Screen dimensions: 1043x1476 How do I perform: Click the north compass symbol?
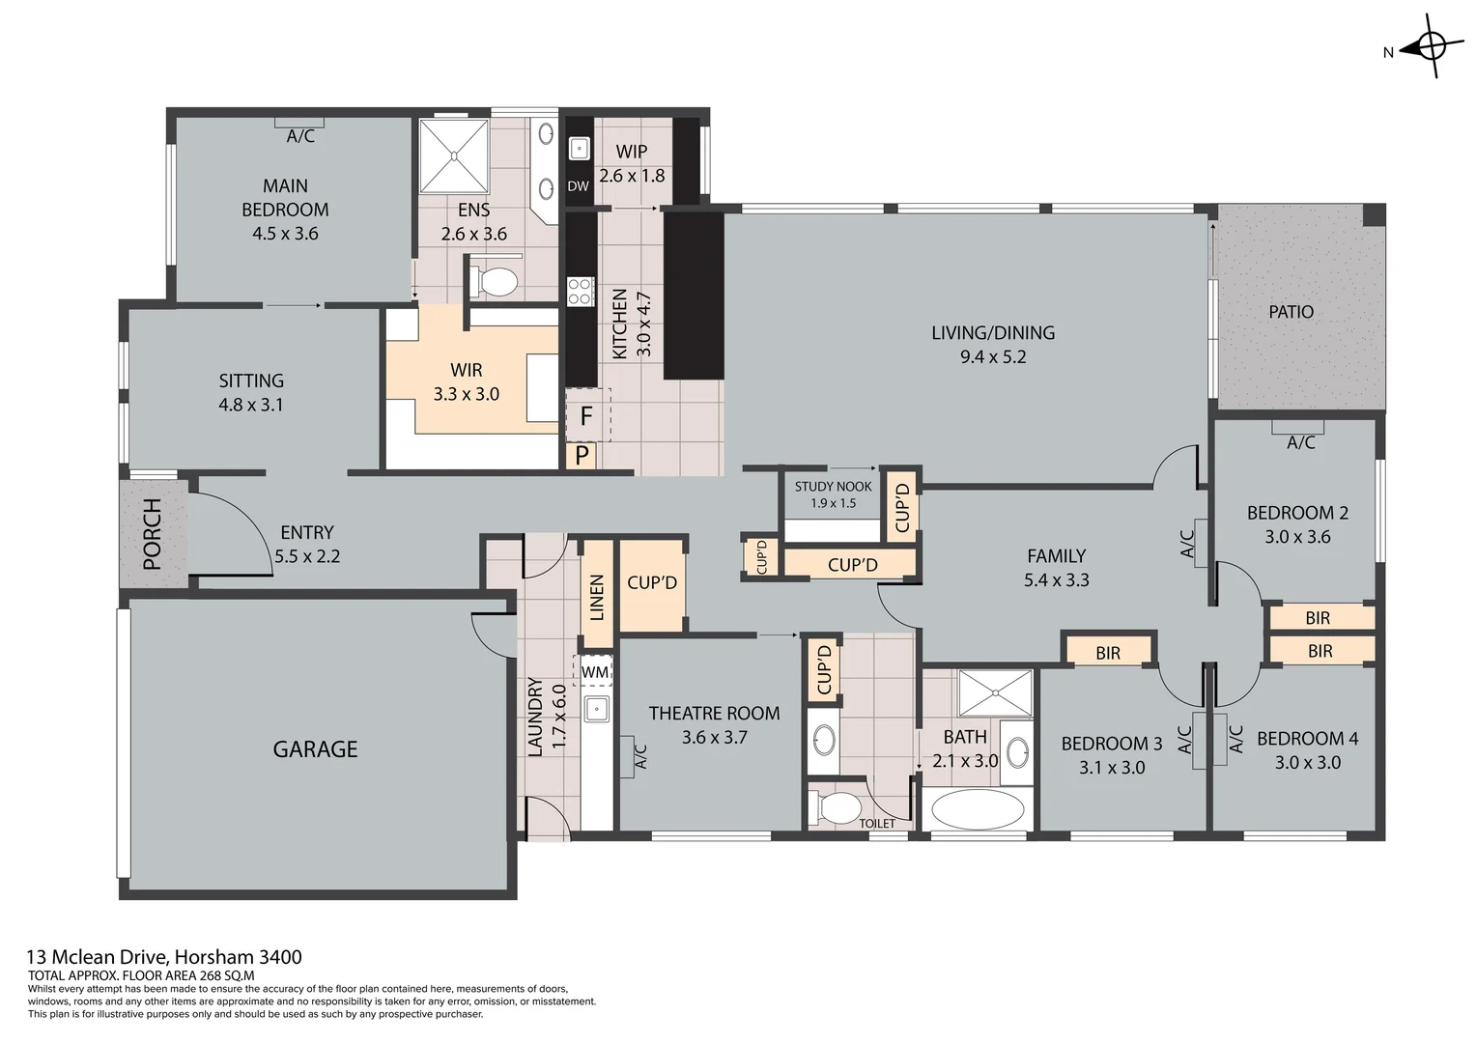[1431, 45]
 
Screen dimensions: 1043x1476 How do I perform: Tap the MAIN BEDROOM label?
[285, 197]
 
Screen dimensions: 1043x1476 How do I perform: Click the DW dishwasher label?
[578, 186]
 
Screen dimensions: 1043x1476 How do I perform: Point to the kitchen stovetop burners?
[580, 291]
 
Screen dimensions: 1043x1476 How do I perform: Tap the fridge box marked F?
[586, 416]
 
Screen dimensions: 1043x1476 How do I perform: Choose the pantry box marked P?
[582, 456]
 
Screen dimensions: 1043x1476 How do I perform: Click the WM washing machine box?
[595, 671]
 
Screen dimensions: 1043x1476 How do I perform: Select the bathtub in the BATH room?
[976, 809]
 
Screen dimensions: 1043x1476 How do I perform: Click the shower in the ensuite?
[453, 156]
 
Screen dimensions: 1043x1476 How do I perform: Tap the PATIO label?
[1291, 312]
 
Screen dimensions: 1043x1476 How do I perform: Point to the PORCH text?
[153, 534]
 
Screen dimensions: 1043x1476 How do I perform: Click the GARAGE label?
[315, 749]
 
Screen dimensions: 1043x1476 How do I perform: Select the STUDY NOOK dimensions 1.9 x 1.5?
[833, 503]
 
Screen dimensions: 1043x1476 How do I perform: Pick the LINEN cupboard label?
[597, 597]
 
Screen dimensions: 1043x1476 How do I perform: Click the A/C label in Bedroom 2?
[1300, 442]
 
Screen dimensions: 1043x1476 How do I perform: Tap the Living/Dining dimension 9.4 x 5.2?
[992, 356]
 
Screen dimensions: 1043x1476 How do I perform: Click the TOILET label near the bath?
[877, 824]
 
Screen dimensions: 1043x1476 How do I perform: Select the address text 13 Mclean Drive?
[164, 957]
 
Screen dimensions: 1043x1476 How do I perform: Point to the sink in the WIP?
[579, 148]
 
